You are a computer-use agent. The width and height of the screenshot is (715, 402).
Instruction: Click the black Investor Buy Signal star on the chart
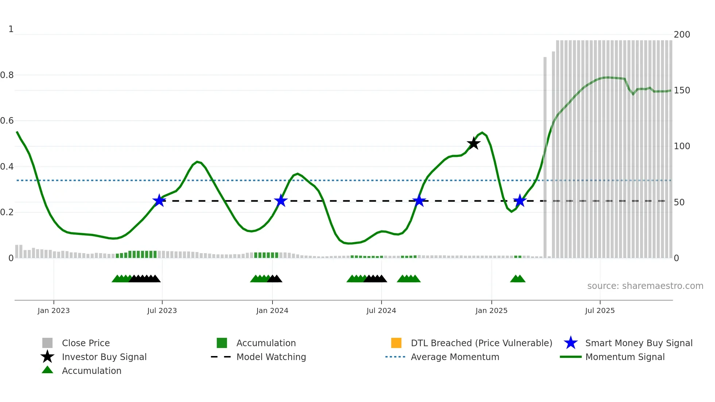pos(474,143)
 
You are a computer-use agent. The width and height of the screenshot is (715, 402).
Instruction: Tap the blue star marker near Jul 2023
pos(159,201)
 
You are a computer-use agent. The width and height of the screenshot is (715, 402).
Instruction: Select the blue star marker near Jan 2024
pos(281,201)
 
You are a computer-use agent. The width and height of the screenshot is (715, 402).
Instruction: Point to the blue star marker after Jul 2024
pos(419,201)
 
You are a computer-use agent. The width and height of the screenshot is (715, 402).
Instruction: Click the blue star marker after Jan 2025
pos(520,201)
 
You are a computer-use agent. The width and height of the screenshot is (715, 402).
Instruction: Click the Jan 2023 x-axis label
pos(54,310)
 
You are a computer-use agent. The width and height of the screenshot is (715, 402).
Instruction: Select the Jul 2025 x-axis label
pos(600,310)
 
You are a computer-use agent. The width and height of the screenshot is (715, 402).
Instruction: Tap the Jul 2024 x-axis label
pos(381,310)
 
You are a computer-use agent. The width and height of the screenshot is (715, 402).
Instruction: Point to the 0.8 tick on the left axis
pos(7,75)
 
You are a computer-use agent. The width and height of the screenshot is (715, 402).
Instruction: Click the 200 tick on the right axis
pos(682,35)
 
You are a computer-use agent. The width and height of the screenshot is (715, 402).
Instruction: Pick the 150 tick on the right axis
pos(682,90)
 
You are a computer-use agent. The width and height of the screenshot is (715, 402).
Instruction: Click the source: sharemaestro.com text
pos(645,286)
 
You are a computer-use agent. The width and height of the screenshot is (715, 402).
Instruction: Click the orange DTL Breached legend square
pos(396,343)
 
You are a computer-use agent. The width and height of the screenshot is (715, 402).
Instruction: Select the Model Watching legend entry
pos(271,357)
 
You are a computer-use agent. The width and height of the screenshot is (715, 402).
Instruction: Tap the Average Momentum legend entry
pos(455,357)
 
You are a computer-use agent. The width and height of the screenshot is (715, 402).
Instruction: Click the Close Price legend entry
pos(86,343)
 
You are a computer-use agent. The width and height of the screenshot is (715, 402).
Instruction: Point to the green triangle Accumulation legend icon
pos(47,370)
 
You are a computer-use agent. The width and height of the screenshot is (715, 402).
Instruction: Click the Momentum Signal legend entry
pos(625,357)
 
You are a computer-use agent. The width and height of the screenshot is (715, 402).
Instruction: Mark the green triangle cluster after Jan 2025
pos(518,279)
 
